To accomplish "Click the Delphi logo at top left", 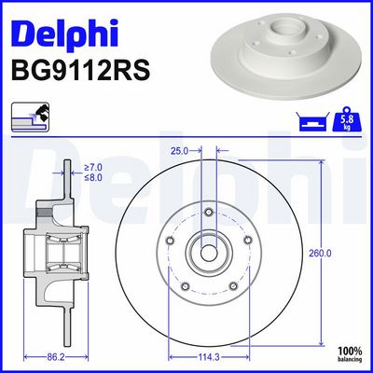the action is click(64, 34).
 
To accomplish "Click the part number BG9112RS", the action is click(81, 71).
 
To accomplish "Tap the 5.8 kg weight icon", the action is click(347, 119).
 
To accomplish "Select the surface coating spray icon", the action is click(30, 117).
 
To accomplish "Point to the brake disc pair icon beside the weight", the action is click(312, 121).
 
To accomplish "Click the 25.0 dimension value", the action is click(179, 151).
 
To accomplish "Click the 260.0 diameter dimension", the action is click(320, 254).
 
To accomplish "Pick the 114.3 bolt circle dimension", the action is click(208, 357).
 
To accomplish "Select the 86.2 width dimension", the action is click(56, 357).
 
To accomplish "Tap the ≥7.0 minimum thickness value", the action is click(93, 168).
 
